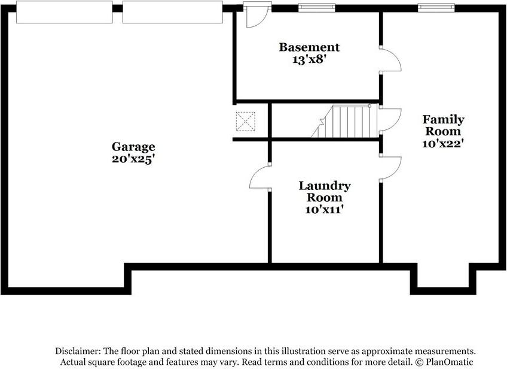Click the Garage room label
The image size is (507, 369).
(133, 147)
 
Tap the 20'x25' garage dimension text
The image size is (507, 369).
(133, 159)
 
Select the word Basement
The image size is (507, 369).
(309, 47)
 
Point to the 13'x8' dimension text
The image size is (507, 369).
(309, 59)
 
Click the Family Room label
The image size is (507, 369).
(443, 125)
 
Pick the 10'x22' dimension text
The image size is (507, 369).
(443, 143)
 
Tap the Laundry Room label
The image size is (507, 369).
(325, 192)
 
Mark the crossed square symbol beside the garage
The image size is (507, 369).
(245, 122)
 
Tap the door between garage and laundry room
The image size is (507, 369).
(260, 177)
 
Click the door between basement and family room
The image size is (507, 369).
(392, 59)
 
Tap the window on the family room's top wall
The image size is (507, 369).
(435, 7)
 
